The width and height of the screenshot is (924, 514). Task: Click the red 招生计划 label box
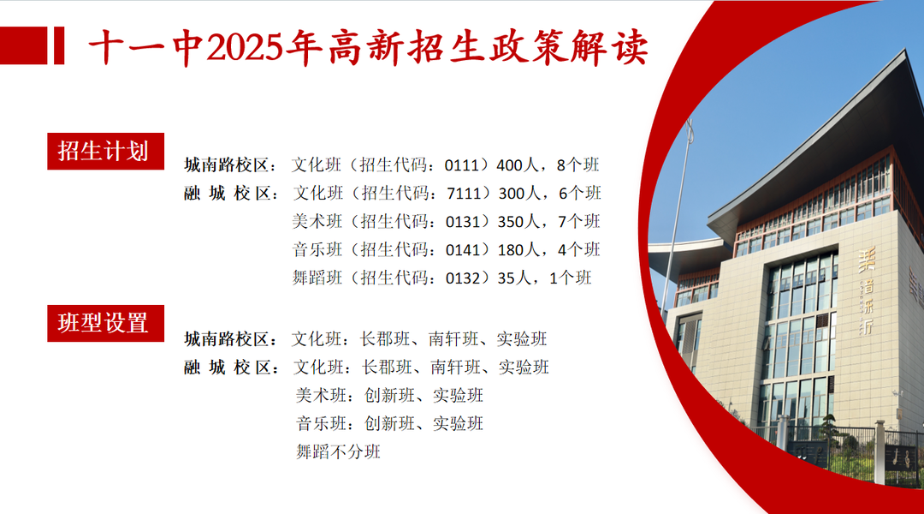[105, 151]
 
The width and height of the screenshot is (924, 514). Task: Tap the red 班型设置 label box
[105, 323]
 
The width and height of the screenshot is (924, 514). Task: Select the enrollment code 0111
[462, 165]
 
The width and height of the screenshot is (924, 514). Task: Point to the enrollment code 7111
[465, 193]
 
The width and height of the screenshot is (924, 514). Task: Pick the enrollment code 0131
[463, 222]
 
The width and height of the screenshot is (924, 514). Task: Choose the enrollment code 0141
[463, 250]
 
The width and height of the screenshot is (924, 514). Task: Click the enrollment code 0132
[463, 278]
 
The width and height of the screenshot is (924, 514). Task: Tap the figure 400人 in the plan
[518, 165]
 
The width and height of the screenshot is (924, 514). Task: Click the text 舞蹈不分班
[338, 452]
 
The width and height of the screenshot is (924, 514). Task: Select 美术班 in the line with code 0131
[317, 221]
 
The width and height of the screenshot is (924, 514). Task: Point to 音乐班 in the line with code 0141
[317, 249]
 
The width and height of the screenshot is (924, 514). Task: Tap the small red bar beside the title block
[59, 45]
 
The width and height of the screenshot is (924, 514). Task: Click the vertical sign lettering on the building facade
[866, 290]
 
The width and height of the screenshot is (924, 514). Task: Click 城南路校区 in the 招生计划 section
[226, 165]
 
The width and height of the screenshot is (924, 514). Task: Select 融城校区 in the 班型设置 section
[228, 368]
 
